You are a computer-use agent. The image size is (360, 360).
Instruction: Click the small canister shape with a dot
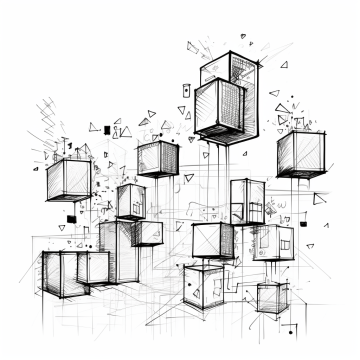pos(186,90)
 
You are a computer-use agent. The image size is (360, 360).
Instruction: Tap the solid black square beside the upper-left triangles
pos(106,130)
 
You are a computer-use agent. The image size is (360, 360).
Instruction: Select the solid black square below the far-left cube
pos(71,219)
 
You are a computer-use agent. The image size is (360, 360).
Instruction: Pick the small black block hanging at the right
pos(303,223)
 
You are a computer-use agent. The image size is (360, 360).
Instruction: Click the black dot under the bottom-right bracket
pos(290,332)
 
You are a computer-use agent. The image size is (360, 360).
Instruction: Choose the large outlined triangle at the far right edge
pos(318,199)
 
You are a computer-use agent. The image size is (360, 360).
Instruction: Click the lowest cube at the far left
pos(59,274)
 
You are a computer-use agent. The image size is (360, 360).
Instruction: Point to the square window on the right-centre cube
pos(284,244)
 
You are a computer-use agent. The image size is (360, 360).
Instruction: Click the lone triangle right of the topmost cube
pos(284,64)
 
